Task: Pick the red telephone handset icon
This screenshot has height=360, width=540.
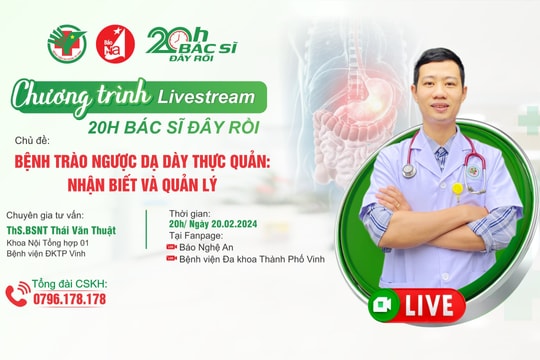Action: pyautogui.click(x=18, y=293)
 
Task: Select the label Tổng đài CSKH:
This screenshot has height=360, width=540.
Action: pyautogui.click(x=69, y=284)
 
